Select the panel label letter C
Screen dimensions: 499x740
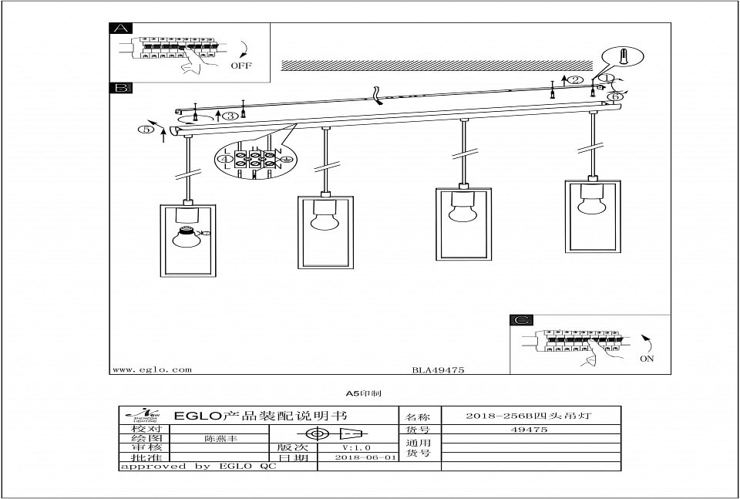pyautogui.click(x=522, y=320)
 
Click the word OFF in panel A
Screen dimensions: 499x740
pyautogui.click(x=241, y=66)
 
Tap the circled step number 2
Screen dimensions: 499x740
pyautogui.click(x=574, y=80)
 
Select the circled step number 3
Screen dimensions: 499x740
pyautogui.click(x=230, y=116)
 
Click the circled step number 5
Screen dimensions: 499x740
pyautogui.click(x=146, y=129)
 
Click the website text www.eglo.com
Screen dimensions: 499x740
pyautogui.click(x=152, y=369)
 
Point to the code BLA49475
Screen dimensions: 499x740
pyautogui.click(x=438, y=370)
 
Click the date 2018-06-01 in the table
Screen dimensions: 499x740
pyautogui.click(x=366, y=457)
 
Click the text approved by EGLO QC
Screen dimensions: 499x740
pyautogui.click(x=198, y=467)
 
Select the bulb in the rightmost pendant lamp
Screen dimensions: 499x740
pyautogui.click(x=593, y=204)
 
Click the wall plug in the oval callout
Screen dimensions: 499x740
pyautogui.click(x=626, y=57)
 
